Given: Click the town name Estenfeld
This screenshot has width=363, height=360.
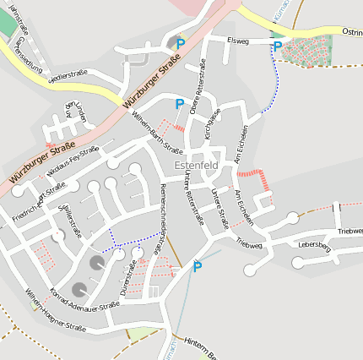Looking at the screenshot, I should [196, 165].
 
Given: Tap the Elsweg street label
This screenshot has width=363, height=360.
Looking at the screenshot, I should [239, 40].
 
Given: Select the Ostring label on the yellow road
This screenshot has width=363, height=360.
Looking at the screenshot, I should [351, 31].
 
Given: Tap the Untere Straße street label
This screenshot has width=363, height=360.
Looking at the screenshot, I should [219, 209].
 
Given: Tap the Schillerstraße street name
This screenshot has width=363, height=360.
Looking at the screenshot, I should [68, 221].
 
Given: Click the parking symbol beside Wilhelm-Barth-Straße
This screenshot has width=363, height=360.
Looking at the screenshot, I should [179, 104].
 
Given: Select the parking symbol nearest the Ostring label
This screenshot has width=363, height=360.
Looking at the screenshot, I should [277, 46].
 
